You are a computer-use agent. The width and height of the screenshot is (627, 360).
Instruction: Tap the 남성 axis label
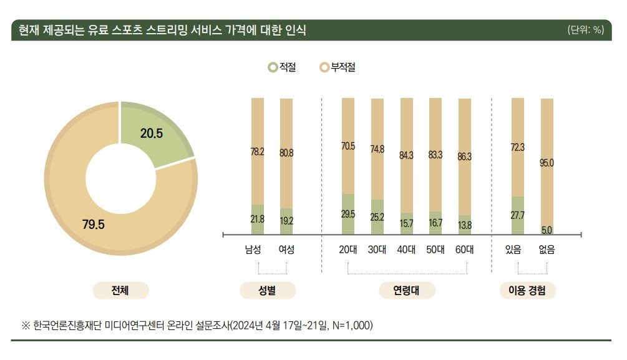(x=253, y=250)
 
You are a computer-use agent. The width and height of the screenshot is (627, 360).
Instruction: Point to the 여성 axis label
(x=286, y=250)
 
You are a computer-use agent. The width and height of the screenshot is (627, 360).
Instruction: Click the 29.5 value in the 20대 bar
(x=348, y=214)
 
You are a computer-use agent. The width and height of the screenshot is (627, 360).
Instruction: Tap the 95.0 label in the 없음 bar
(x=547, y=163)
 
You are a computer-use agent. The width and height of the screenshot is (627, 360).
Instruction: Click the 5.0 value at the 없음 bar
(x=547, y=230)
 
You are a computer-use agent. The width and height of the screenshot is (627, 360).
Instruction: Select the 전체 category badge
(x=120, y=291)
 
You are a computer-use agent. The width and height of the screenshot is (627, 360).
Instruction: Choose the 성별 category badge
(x=268, y=291)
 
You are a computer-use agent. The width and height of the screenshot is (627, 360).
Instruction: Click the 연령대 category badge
(x=406, y=291)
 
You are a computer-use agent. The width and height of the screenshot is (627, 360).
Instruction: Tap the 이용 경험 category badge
(x=527, y=291)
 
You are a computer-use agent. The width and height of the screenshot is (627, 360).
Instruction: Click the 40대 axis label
(x=406, y=250)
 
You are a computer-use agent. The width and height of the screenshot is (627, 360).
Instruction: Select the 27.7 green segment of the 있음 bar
(x=517, y=215)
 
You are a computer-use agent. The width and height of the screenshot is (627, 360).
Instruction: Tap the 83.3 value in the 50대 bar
(x=435, y=154)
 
